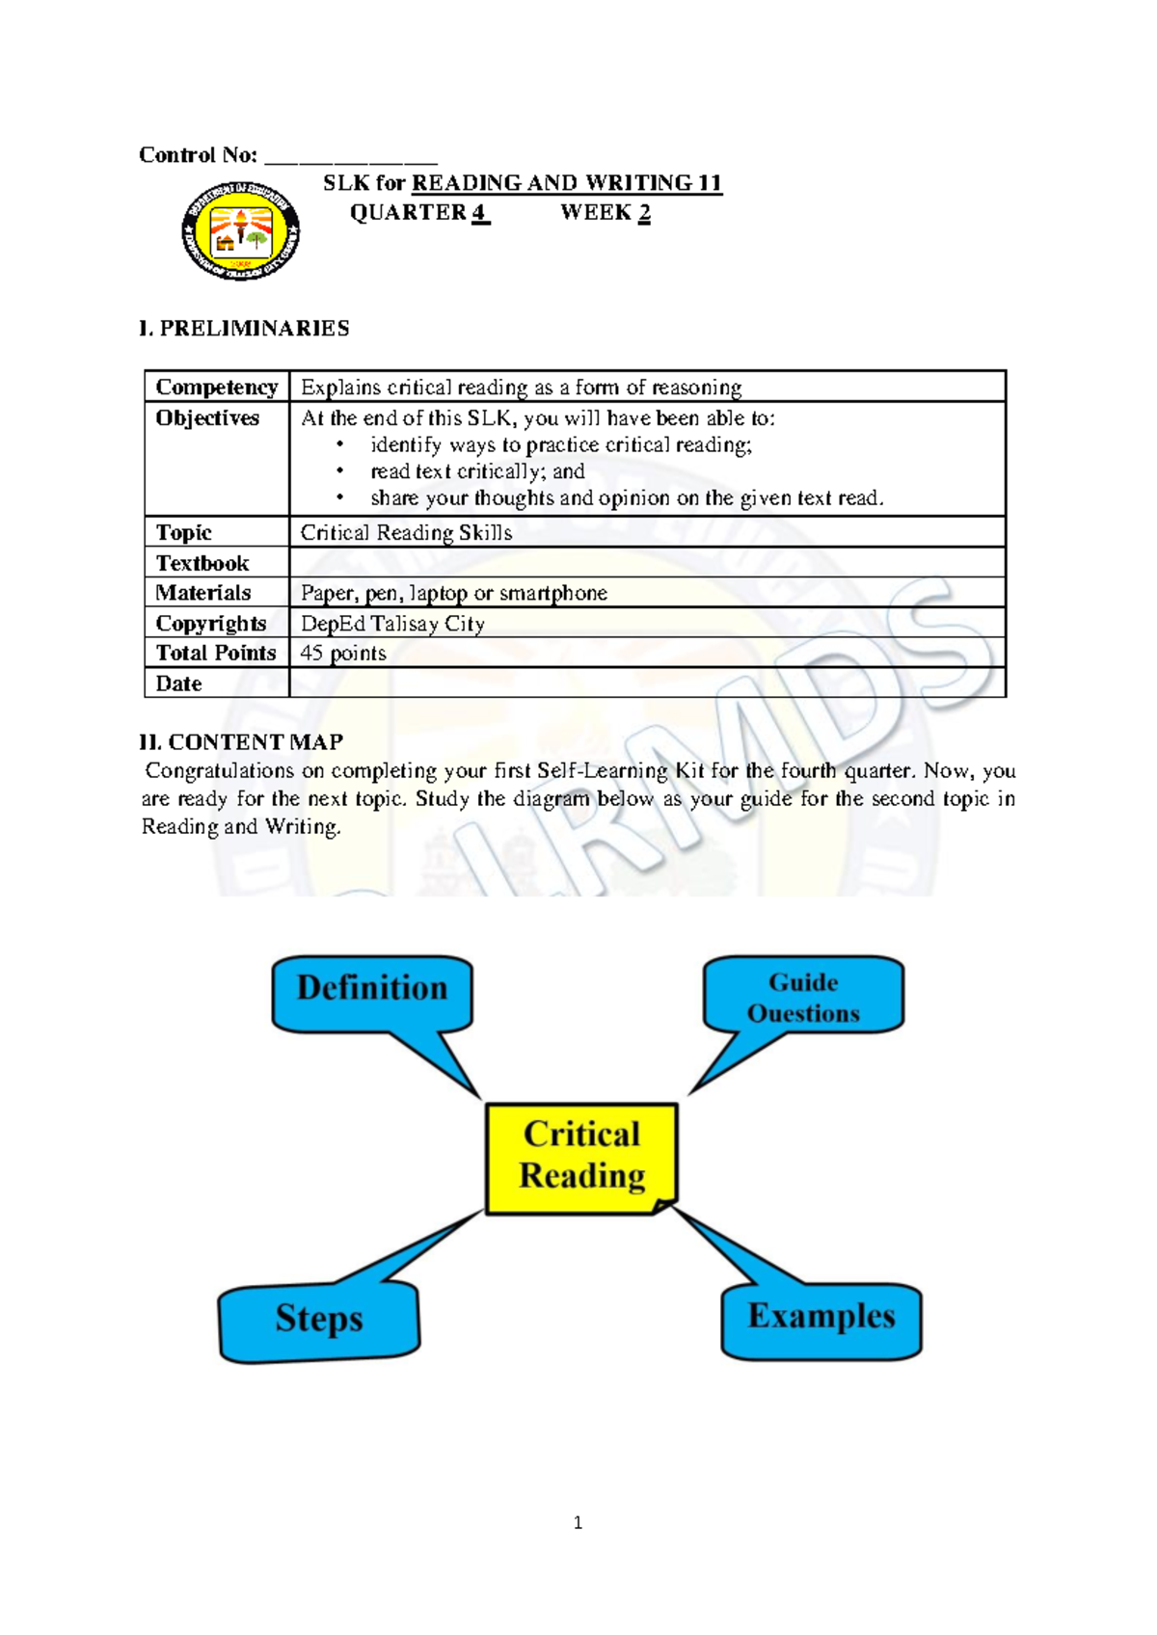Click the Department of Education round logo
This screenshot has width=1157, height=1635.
click(240, 231)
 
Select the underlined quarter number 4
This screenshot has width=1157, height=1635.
click(479, 213)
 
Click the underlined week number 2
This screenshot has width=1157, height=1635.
click(644, 213)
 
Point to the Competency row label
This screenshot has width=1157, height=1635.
click(217, 387)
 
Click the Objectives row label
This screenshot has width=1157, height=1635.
click(208, 418)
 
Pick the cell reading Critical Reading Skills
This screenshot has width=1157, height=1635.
click(406, 532)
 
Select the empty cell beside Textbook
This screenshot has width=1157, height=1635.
click(646, 562)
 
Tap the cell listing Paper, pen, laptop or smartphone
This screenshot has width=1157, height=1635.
click(454, 593)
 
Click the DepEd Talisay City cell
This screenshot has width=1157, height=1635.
click(392, 624)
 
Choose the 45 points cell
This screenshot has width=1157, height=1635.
click(343, 654)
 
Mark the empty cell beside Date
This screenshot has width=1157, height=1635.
click(646, 683)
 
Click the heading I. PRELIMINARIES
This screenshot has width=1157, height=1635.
click(244, 329)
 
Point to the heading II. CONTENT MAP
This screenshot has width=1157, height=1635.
click(241, 742)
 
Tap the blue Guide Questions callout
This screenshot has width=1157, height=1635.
click(803, 997)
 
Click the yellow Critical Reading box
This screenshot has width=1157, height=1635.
click(581, 1157)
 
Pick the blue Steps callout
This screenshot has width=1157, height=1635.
click(319, 1321)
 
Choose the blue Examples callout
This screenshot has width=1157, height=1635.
click(821, 1319)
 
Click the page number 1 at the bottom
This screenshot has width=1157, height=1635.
click(578, 1523)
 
